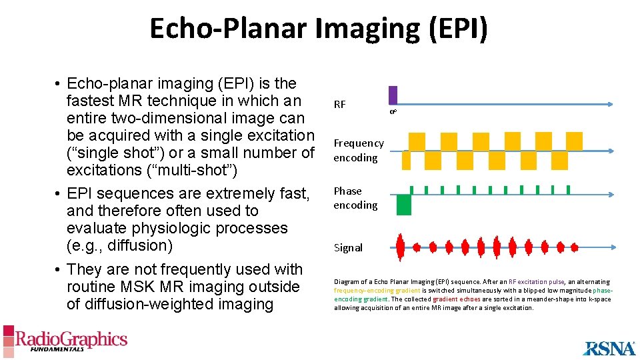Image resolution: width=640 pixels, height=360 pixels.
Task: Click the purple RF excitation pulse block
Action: [393, 95]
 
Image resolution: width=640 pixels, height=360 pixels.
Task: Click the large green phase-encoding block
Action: [403, 205]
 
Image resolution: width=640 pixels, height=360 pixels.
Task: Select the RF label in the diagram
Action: [340, 105]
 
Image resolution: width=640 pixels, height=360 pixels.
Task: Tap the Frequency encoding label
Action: [359, 150]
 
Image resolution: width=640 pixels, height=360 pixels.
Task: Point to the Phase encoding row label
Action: [355, 198]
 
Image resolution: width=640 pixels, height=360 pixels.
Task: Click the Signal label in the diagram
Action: [348, 248]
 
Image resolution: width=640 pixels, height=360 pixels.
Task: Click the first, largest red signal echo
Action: [401, 247]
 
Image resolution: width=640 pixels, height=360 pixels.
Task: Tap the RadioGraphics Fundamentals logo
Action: [65, 341]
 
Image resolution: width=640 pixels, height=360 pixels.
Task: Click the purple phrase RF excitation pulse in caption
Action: [537, 282]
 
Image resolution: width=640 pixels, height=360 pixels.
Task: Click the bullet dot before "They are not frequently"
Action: [59, 270]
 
